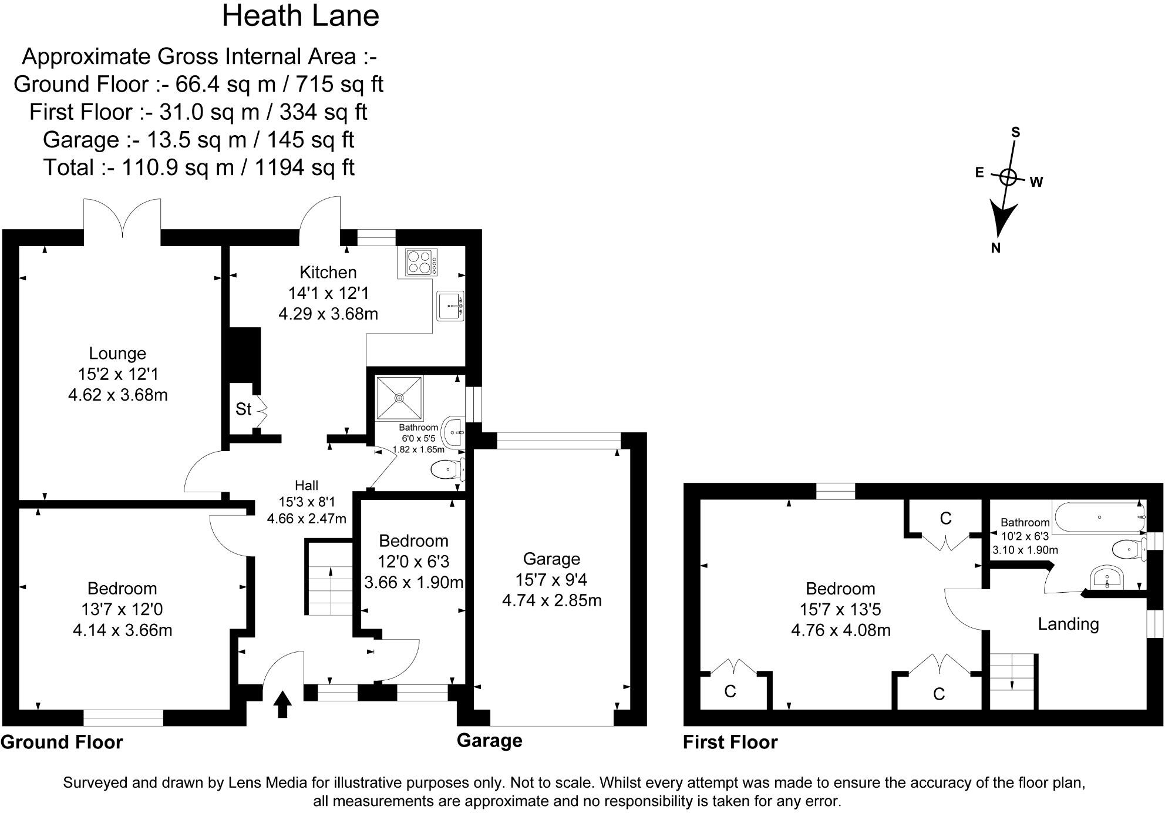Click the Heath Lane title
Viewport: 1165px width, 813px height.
[300, 16]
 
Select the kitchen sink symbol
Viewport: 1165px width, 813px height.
[450, 305]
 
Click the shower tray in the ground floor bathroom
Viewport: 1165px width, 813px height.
[399, 398]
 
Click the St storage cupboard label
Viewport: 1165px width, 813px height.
[243, 409]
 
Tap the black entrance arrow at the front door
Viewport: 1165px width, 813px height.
[282, 704]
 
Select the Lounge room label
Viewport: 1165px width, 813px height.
[117, 354]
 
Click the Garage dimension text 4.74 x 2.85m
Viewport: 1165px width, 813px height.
[551, 600]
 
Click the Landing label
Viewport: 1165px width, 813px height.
[1068, 624]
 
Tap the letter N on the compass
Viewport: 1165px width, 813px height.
[995, 248]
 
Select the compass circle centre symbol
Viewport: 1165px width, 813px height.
[1008, 177]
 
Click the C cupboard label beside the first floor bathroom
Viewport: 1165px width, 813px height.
[945, 518]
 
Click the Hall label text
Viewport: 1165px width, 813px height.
[307, 485]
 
